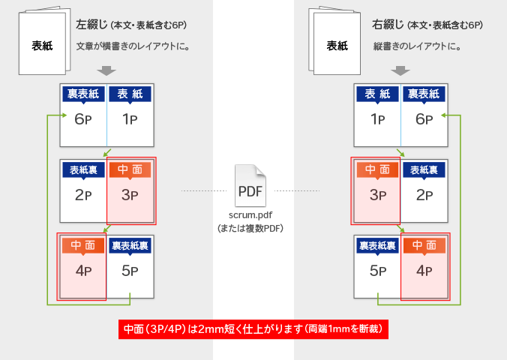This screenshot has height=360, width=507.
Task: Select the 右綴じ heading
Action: click(x=387, y=25)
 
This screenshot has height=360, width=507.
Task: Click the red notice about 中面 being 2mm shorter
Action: click(x=253, y=328)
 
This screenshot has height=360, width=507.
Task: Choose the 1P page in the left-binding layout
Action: click(x=130, y=118)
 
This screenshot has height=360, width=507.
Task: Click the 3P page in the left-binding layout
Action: click(x=130, y=195)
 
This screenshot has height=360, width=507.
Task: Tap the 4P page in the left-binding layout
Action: click(x=83, y=271)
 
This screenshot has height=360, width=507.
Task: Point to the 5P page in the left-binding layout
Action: click(x=130, y=271)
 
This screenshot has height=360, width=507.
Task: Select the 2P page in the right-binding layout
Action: click(x=424, y=195)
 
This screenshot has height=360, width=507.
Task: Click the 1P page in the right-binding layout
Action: click(x=377, y=118)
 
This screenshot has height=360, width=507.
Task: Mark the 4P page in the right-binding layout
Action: click(x=424, y=271)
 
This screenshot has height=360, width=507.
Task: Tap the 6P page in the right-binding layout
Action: click(x=424, y=118)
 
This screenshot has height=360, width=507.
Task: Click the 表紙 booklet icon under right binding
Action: click(x=337, y=43)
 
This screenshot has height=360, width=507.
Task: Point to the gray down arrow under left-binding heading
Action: click(x=106, y=70)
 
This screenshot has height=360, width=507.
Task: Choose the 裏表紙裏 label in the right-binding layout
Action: click(x=377, y=245)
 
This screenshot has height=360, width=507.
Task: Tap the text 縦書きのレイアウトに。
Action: click(x=417, y=46)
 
